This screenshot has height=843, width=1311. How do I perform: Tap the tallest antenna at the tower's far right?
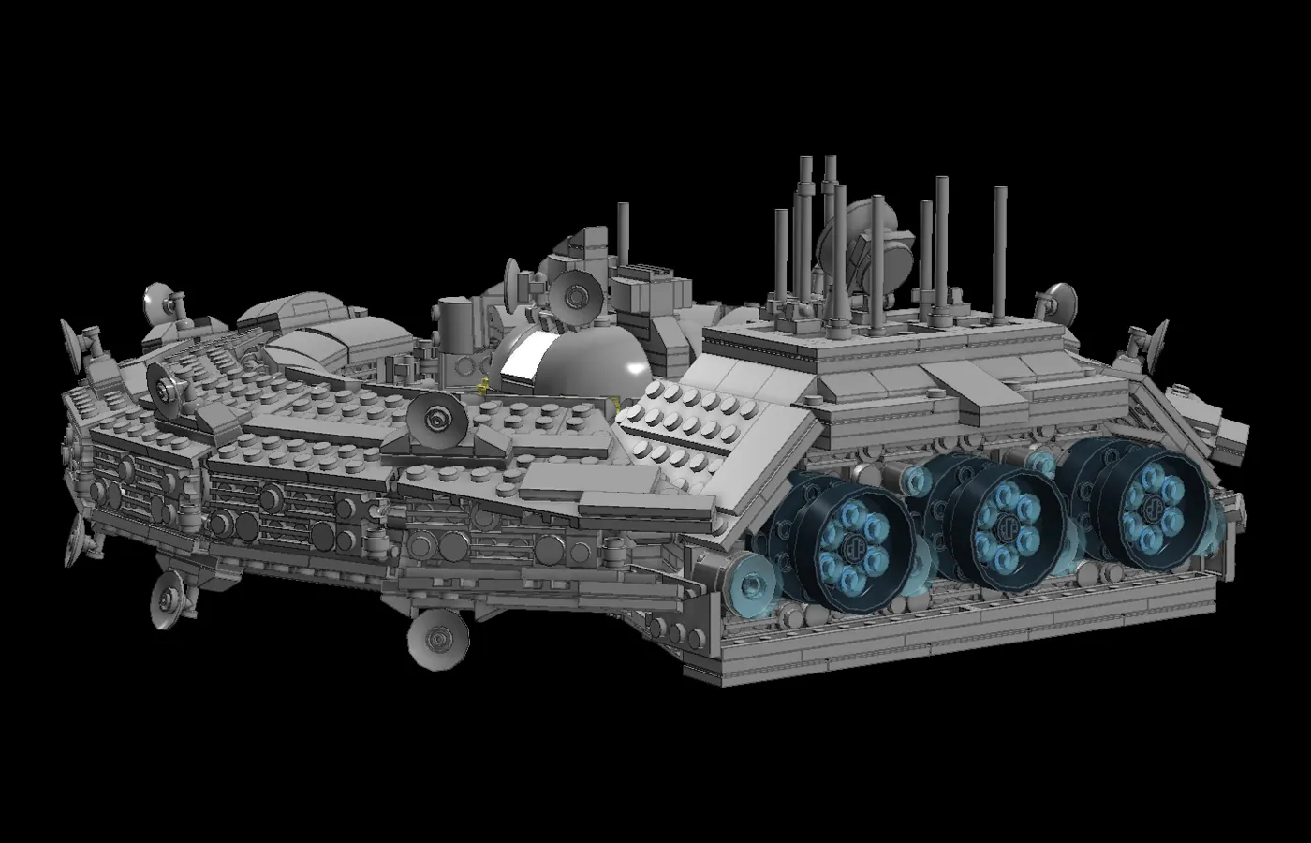click(999, 244)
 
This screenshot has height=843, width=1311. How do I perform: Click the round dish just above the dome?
click(573, 294)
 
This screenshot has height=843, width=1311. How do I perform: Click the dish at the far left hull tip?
click(74, 341)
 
